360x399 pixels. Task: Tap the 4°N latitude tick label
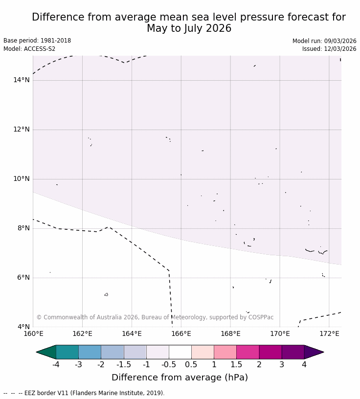pos(23,327)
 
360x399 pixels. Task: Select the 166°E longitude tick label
pos(181,334)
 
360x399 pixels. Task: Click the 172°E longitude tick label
pos(329,334)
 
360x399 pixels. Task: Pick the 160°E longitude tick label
pos(33,334)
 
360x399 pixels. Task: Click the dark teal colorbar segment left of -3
pos(67,352)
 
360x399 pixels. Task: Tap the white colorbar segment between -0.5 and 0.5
pos(180,352)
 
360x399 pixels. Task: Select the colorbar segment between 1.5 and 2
pos(247,352)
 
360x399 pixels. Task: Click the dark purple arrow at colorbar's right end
pos(313,352)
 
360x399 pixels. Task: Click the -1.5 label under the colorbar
pos(124,365)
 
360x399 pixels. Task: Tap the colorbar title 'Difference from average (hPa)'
pos(180,377)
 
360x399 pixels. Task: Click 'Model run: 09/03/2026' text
pos(324,41)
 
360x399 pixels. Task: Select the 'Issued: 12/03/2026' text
pos(329,49)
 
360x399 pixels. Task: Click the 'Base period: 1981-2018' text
pos(37,41)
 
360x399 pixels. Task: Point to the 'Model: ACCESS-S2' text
pos(29,49)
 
